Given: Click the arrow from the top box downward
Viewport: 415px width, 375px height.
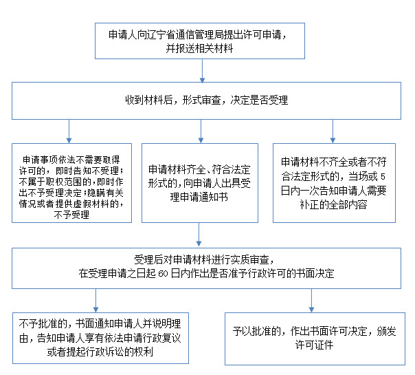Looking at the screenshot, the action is click(x=202, y=71).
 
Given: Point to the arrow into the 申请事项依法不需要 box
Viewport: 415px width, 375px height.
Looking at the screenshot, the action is click(x=69, y=131).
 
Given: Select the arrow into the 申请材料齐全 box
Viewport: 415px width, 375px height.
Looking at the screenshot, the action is click(x=201, y=131).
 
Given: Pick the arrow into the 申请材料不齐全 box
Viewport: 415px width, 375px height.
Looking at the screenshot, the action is click(x=333, y=131).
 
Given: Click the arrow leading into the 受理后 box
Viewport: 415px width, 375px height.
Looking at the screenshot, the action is click(x=199, y=235).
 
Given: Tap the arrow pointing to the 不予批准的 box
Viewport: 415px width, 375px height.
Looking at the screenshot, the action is click(x=96, y=301).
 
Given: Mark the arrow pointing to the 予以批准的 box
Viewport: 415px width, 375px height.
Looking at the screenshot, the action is click(x=311, y=301).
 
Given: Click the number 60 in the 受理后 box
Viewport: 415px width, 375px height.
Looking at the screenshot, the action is click(x=164, y=274).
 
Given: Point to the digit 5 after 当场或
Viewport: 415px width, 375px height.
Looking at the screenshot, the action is click(x=383, y=177).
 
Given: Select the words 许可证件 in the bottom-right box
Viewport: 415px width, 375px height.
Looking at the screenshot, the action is click(x=315, y=345).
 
